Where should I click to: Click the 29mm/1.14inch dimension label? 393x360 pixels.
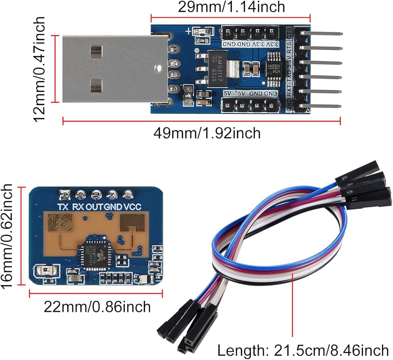tap(231, 7)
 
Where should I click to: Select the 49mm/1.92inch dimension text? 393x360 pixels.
tap(207, 133)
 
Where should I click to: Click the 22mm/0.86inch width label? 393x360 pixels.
tap(97, 306)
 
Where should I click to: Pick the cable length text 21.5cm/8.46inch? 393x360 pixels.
tap(303, 349)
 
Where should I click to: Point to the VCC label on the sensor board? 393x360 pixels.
tap(132, 207)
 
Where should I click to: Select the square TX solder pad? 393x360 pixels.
tap(64, 194)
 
